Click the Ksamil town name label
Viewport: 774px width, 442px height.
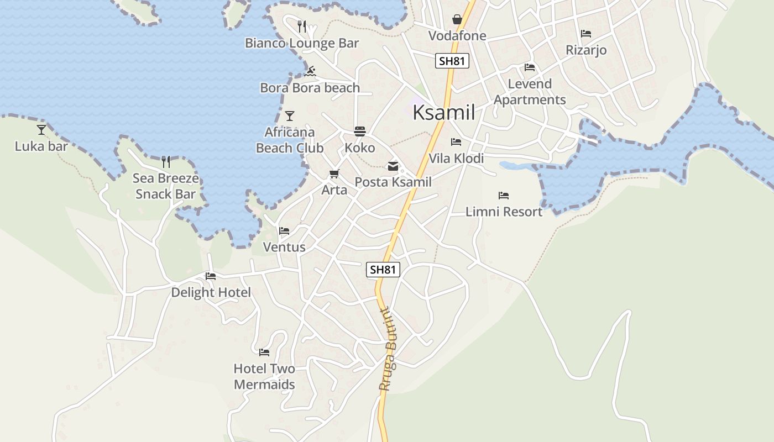[444, 113]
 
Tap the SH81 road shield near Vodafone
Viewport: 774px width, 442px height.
[452, 61]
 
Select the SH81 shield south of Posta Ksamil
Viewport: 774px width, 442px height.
[383, 270]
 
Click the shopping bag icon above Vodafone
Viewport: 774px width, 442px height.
[457, 20]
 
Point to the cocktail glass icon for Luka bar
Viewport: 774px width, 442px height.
[41, 130]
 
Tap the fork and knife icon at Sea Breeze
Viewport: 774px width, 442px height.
[166, 162]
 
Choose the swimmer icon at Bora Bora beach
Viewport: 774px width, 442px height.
[310, 71]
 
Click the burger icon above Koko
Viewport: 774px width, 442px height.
[360, 131]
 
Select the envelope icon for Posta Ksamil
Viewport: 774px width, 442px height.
[393, 166]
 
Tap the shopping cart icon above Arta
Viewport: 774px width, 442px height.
[334, 174]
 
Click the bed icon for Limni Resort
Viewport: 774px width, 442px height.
[503, 196]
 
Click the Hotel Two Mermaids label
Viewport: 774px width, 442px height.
[264, 376]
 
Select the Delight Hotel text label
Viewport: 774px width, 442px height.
[211, 292]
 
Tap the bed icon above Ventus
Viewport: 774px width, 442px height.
[284, 230]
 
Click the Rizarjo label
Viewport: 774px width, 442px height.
[586, 50]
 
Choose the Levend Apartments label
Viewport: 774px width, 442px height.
[530, 92]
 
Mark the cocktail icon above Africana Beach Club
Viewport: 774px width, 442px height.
[290, 116]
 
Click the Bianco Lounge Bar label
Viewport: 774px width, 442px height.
[302, 43]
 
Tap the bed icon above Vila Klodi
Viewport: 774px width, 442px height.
[456, 142]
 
